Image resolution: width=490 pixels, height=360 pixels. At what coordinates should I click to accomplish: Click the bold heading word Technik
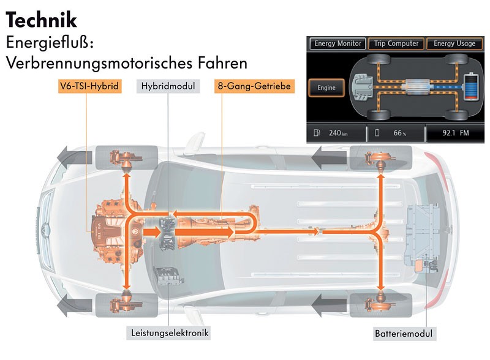coord(41,20)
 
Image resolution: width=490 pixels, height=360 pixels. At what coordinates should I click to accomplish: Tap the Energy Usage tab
coord(454,43)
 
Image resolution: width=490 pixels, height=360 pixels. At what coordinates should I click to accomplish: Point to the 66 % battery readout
coord(399,132)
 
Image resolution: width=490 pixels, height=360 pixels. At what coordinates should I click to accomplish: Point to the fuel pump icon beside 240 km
coord(316,132)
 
